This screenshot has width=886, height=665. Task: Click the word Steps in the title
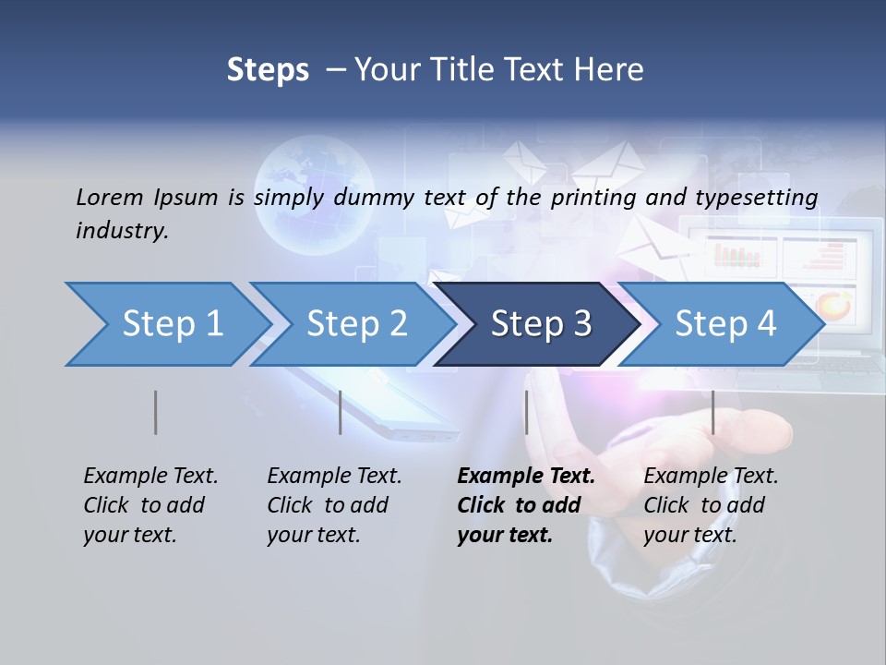268,70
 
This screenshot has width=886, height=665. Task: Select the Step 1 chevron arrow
172,324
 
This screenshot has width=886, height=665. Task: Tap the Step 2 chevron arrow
356,324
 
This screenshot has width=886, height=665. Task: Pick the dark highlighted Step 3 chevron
541,324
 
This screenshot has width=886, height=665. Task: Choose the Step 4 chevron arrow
725,324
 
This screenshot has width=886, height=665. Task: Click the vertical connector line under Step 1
156,412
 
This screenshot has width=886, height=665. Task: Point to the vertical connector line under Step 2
341,412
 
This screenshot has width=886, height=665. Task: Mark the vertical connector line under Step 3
527,412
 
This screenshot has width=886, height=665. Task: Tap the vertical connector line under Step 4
713,412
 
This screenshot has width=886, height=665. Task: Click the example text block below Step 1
150,505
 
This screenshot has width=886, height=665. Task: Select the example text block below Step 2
334,505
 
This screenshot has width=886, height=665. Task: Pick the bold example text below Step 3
526,505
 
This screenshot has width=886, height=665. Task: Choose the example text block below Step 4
711,505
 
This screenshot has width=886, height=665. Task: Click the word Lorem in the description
110,197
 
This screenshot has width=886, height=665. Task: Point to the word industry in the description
122,231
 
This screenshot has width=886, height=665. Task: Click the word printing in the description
596,198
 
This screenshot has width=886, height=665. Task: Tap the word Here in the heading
609,70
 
